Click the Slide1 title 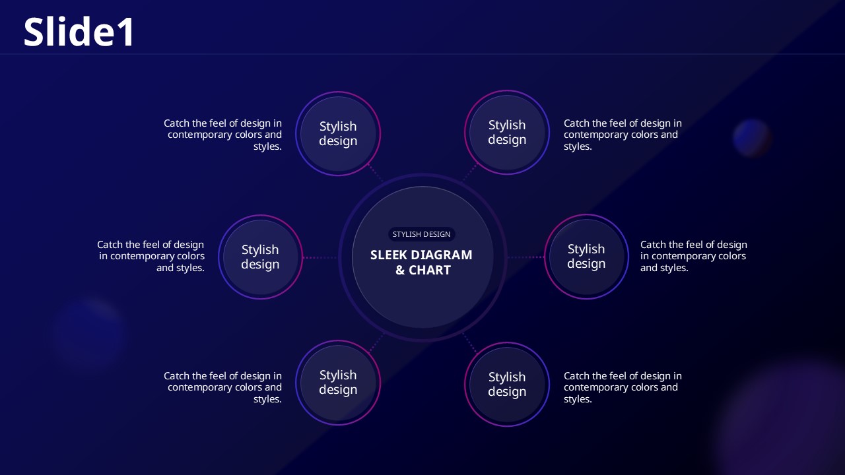79,32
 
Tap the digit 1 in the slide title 126,32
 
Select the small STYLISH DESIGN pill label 421,234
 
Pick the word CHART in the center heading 430,270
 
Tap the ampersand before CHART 400,270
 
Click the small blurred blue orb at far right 752,138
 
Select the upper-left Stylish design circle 338,133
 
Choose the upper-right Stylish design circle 507,133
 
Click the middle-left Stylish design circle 260,257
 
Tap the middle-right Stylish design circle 586,257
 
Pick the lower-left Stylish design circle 338,382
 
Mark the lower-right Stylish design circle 507,384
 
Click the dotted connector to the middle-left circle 320,257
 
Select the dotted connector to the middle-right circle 526,257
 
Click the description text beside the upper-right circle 623,135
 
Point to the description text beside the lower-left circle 222,387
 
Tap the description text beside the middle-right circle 693,256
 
